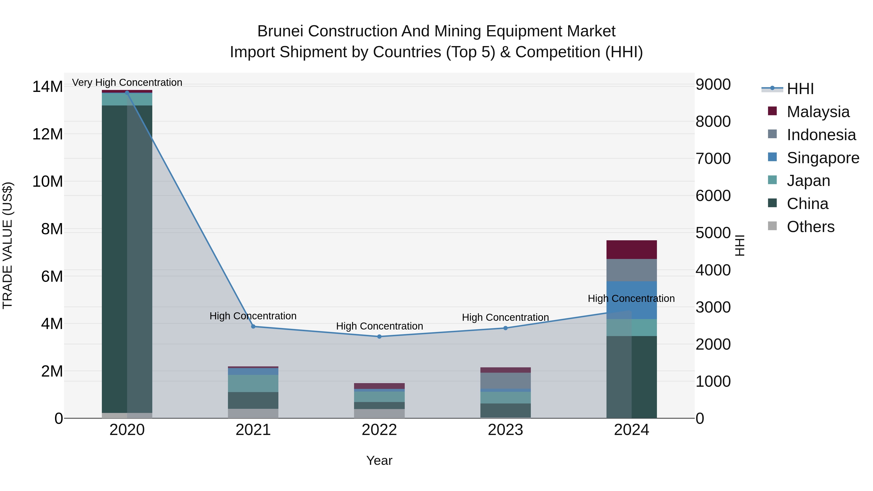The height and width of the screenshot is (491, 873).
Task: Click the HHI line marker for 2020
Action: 127,93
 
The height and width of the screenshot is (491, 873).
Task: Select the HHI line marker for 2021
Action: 253,327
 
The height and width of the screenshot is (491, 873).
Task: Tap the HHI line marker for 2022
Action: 379,337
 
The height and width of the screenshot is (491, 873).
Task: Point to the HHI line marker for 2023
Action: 505,328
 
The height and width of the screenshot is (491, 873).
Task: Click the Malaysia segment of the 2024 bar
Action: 631,250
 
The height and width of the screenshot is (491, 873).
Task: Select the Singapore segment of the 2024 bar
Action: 631,300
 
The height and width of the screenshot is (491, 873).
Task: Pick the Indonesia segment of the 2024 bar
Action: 631,270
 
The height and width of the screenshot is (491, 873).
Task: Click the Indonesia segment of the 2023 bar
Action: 505,380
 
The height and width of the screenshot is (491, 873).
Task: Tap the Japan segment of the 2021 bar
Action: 253,383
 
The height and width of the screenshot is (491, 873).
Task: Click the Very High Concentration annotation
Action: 127,82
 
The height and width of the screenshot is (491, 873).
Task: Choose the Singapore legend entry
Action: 823,158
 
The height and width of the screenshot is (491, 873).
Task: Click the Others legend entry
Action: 810,227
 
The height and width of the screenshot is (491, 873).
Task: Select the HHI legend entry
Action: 800,89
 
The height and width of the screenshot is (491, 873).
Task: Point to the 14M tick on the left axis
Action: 48,87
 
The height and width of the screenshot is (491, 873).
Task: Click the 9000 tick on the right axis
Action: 713,84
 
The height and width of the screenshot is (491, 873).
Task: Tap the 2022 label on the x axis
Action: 379,430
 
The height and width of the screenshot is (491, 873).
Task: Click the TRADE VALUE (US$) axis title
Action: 8,245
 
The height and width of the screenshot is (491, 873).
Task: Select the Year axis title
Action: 379,460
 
